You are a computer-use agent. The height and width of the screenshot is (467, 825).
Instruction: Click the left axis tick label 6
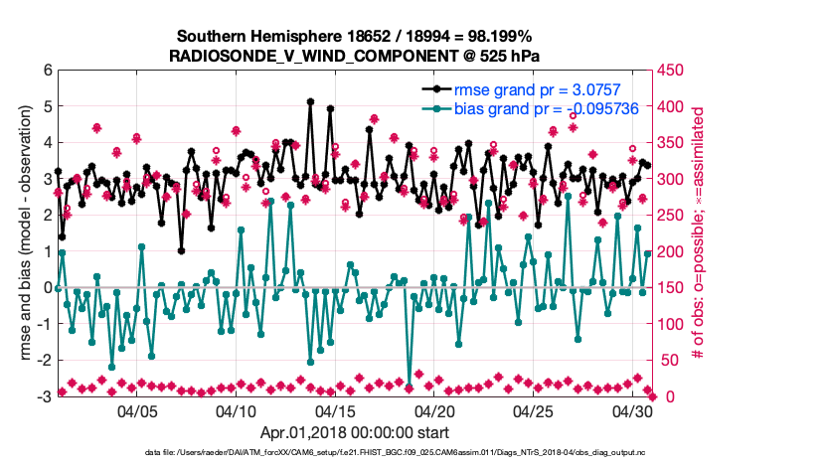click(x=47, y=70)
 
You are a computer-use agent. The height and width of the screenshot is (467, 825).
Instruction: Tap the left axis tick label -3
click(x=44, y=396)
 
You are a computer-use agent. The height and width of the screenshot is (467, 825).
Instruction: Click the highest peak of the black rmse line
click(x=311, y=101)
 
